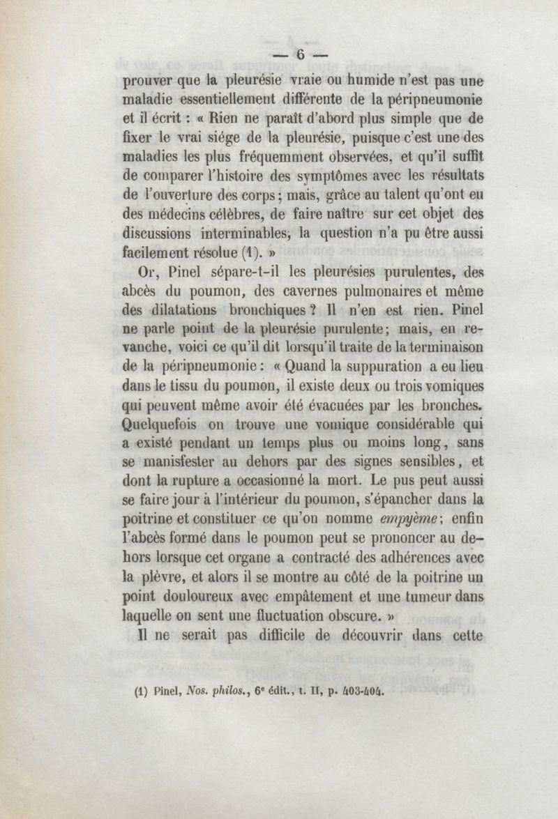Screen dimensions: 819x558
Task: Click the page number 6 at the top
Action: click(x=301, y=54)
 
